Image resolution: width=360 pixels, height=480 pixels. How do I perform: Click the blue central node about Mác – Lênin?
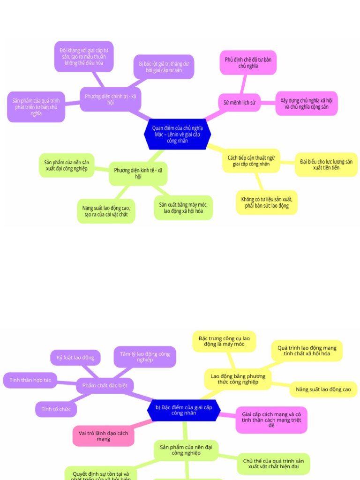coord(177,134)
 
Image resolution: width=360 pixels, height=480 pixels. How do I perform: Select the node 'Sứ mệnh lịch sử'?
coord(239,102)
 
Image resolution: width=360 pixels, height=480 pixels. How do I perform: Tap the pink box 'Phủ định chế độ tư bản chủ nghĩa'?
coord(248,63)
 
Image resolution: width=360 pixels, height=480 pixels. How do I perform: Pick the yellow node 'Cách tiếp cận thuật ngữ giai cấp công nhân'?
coord(251,161)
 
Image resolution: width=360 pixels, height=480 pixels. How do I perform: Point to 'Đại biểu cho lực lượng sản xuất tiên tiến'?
coord(326,165)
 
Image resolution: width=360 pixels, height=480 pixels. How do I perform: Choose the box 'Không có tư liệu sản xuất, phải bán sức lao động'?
coord(267,202)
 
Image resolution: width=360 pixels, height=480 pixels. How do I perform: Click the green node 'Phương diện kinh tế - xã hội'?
coord(138,173)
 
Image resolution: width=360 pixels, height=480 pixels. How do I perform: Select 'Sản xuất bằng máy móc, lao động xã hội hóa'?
coord(183,208)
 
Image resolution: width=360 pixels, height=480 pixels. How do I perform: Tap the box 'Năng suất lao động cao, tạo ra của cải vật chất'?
coord(106,211)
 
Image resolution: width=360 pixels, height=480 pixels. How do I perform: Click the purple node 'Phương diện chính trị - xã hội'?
coord(110,99)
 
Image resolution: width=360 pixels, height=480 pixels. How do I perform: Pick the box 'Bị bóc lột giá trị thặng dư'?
coord(164,67)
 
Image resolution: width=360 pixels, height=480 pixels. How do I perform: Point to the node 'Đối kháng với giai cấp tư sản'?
coord(84,56)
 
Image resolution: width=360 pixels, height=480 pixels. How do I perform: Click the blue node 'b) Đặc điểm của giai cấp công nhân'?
coord(184,410)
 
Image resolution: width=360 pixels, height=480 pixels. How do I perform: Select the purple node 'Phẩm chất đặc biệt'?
coord(105,386)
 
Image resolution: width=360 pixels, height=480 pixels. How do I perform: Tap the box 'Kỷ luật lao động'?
coord(75,358)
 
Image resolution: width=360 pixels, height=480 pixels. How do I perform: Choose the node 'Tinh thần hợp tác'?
coord(30,380)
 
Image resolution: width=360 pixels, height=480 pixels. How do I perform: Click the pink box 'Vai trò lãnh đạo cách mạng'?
coord(103,436)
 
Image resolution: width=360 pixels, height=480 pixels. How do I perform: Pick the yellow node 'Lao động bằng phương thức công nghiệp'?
coord(238,379)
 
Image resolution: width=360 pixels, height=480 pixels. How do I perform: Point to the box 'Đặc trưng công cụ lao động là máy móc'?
coord(224,341)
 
